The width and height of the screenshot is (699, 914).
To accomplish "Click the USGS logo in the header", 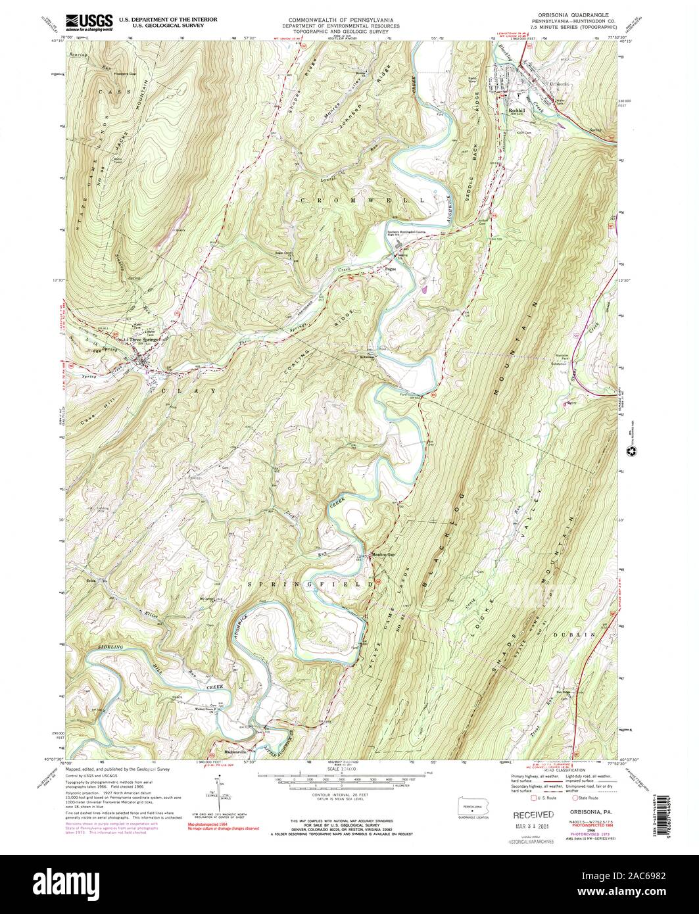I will pyautogui.click(x=89, y=22).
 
